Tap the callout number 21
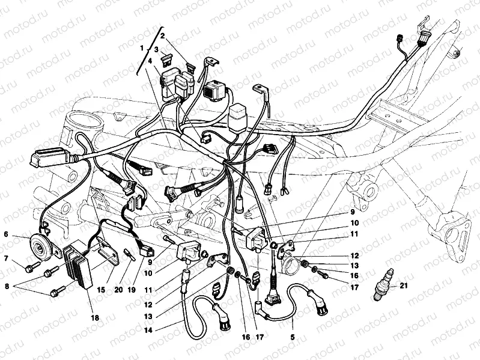404,285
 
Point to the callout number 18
95,318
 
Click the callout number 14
148,331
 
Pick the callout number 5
293,337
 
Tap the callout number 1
142,48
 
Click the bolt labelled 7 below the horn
33,267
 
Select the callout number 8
7,287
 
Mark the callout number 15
100,289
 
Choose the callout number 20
118,289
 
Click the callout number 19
132,289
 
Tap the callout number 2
163,36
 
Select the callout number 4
150,61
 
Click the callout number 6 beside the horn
6,234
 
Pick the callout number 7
6,258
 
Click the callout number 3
156,49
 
